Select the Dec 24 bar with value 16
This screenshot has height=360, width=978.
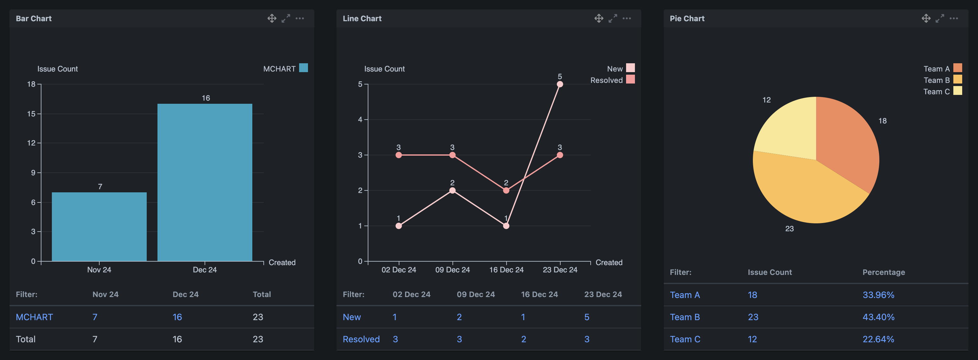[205, 182]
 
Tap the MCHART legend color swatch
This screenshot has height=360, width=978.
[303, 68]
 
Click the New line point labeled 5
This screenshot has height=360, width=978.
[560, 84]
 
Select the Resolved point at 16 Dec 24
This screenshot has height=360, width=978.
[506, 190]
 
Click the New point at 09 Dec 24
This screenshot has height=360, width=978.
[452, 190]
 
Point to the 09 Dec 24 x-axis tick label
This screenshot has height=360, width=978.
[452, 270]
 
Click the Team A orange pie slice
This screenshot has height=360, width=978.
[851, 144]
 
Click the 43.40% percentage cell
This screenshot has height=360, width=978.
[878, 317]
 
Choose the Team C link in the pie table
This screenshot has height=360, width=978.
[685, 339]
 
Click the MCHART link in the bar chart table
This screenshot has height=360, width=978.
[34, 317]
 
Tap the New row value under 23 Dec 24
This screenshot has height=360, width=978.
[587, 317]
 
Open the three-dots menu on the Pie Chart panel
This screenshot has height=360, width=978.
[953, 18]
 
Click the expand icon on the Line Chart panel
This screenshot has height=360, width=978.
[613, 18]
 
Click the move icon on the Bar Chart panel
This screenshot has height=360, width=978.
[272, 18]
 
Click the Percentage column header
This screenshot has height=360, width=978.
[883, 272]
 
